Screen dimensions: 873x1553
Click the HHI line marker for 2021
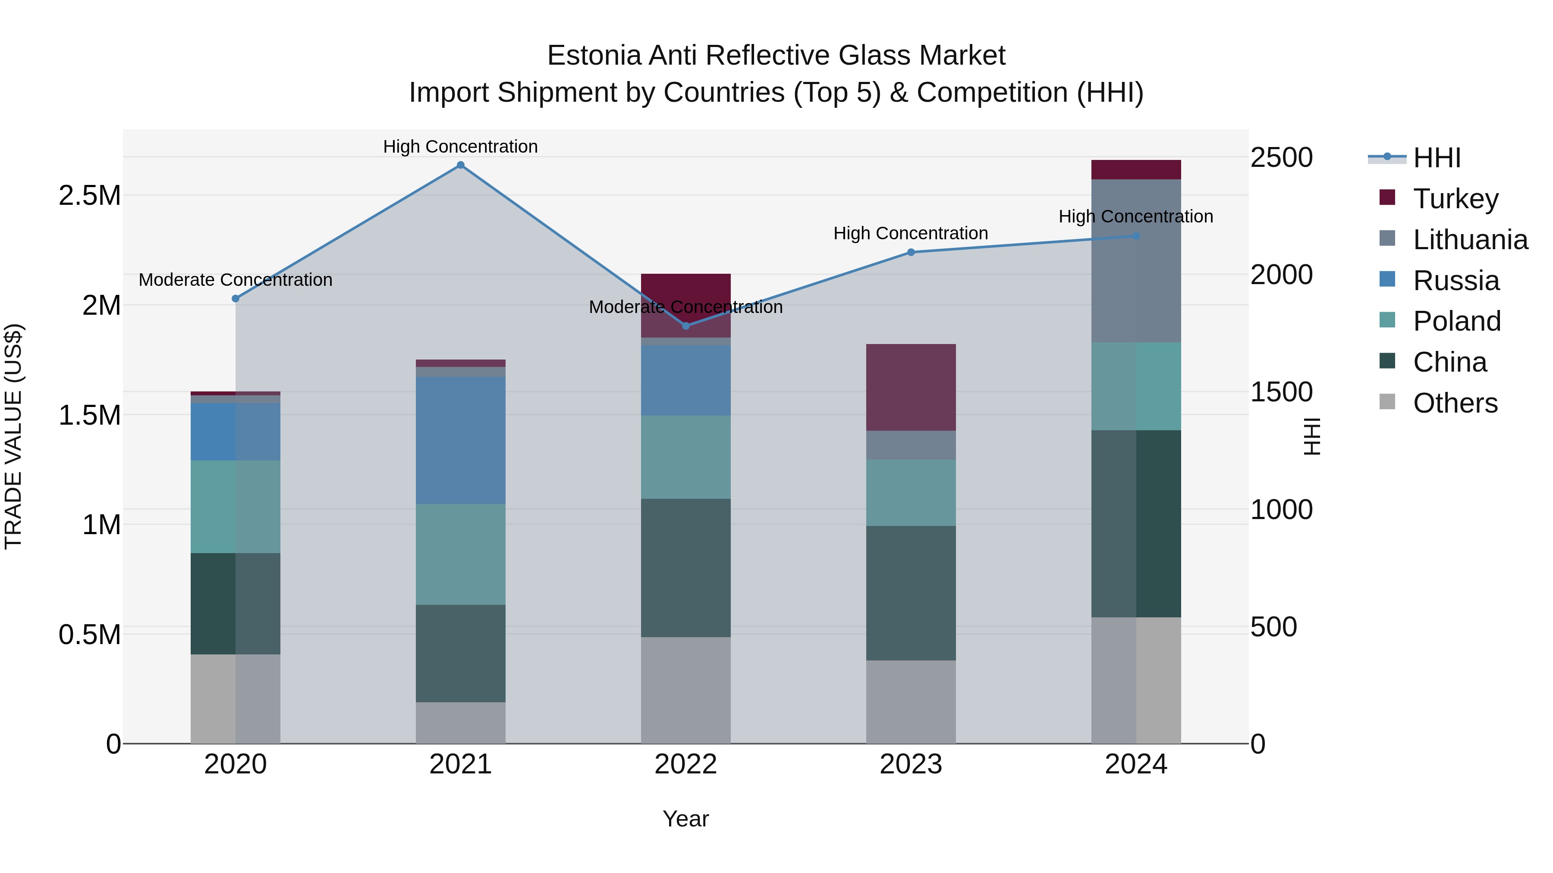(461, 165)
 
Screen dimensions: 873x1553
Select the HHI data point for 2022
(685, 326)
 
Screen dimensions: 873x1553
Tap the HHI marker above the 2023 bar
(911, 253)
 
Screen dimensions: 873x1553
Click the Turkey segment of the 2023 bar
(911, 388)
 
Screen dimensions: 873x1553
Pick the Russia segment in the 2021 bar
(461, 441)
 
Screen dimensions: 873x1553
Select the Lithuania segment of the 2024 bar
(1136, 261)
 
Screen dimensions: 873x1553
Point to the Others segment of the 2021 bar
(461, 723)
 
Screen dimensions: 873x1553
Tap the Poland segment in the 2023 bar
(911, 493)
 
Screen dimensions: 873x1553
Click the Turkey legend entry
(1456, 199)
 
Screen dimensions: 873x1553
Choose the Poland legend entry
(1456, 321)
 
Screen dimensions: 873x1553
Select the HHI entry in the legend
(1436, 158)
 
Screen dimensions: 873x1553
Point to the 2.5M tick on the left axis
(89, 196)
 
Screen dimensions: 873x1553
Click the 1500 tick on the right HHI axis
(1281, 392)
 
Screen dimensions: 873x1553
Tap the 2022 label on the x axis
(685, 764)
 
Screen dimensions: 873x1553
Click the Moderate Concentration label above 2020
(235, 280)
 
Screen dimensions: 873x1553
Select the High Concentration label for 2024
(1136, 217)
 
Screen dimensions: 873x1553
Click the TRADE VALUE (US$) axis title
(13, 436)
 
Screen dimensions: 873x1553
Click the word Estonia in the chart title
(594, 56)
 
